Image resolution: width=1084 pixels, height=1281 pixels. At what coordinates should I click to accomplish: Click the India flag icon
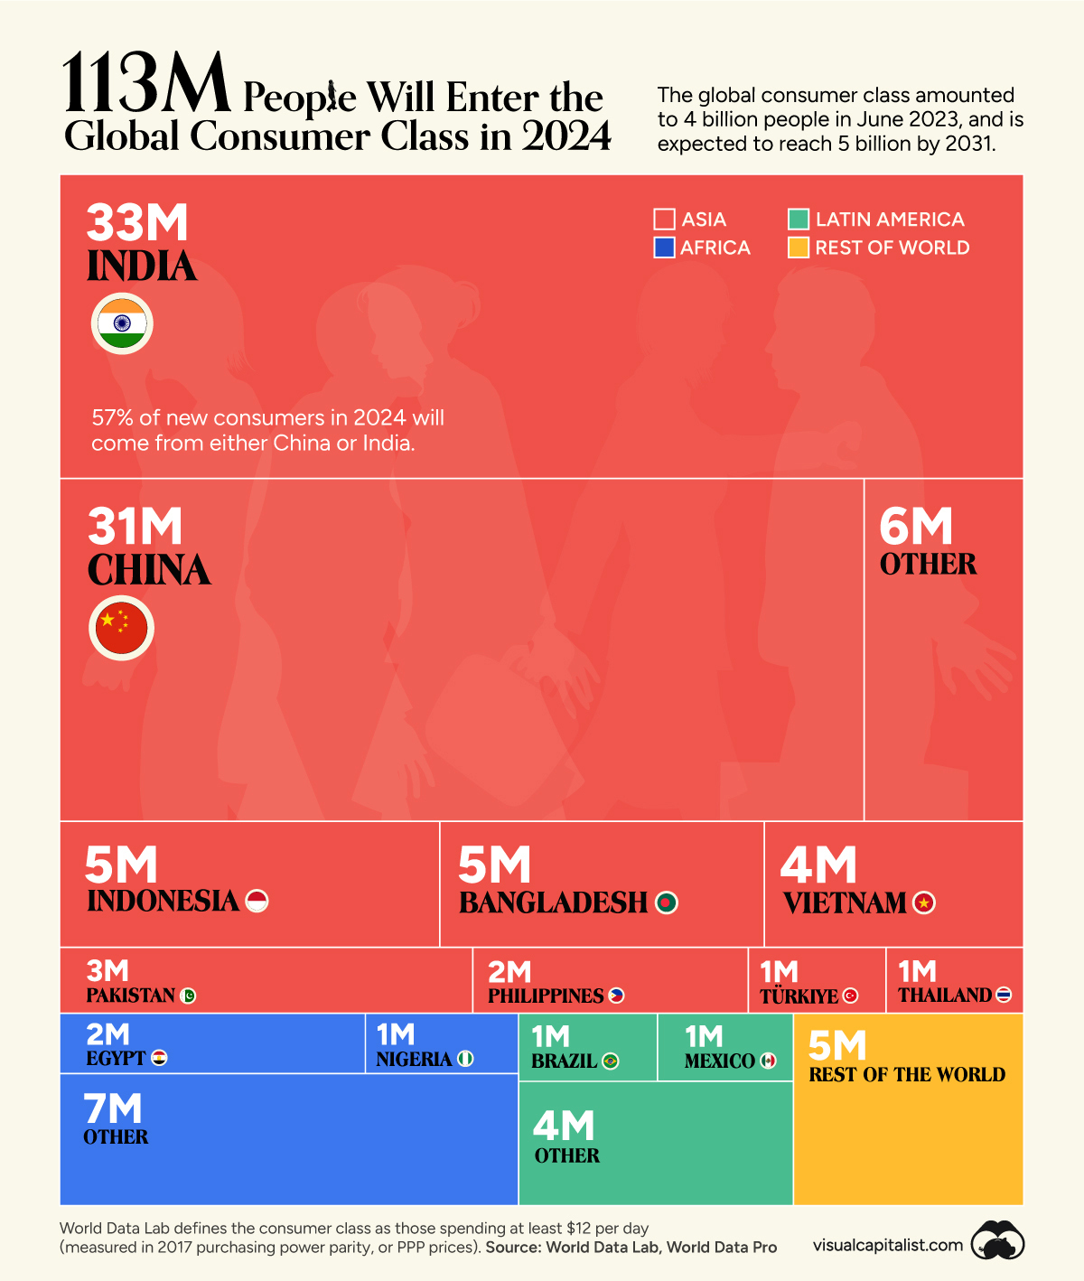point(122,323)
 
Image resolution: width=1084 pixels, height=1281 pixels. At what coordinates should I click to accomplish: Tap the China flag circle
point(122,628)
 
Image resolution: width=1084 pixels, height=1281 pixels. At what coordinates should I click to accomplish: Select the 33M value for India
point(137,222)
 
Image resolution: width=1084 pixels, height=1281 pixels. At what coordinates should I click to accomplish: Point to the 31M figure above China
point(135,526)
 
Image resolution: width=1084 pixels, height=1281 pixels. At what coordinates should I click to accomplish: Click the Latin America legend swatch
point(799,220)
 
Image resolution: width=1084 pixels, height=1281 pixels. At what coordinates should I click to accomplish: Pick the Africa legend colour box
point(665,248)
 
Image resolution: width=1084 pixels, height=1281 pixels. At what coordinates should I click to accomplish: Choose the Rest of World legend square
point(799,248)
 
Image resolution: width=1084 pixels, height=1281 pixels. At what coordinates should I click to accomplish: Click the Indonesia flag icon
point(257,901)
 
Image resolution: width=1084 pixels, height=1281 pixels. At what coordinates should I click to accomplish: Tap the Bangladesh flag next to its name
point(667,902)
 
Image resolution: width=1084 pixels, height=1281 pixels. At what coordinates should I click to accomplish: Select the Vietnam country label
point(845,902)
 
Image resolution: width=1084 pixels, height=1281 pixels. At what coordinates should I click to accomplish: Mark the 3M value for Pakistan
point(107,971)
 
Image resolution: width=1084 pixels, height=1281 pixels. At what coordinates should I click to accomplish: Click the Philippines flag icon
point(616,996)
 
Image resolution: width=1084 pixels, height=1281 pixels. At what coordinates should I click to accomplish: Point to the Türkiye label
point(799,996)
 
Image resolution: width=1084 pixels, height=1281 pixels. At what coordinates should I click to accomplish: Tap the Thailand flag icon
point(1004,995)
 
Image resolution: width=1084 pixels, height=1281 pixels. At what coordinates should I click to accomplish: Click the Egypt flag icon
point(159,1058)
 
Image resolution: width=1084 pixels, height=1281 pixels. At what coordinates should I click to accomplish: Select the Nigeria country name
point(414,1059)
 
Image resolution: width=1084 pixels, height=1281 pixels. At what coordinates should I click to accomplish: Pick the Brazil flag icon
point(611,1061)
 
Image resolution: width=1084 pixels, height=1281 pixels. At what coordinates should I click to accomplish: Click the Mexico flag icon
point(768,1061)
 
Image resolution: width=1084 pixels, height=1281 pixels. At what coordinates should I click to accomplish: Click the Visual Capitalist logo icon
point(997,1243)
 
